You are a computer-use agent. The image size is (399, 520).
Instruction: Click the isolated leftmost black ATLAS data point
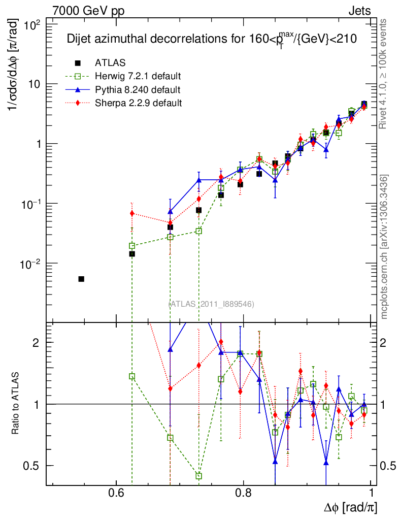point(81,279)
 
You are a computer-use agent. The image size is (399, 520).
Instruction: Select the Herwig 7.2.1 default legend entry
point(138,77)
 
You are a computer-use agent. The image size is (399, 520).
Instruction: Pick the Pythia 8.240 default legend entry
point(137,90)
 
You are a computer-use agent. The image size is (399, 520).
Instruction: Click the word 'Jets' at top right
point(359,11)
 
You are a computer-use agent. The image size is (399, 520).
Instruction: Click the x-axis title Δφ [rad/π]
point(351,507)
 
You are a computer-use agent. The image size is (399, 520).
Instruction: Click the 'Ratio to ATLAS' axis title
point(16,404)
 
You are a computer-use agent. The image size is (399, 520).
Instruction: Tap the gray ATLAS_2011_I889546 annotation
point(211,304)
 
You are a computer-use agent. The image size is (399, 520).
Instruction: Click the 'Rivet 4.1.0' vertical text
point(384,74)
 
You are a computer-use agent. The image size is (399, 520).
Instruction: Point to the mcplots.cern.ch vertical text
point(384,246)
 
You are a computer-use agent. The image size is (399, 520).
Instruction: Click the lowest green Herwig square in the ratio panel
point(199,476)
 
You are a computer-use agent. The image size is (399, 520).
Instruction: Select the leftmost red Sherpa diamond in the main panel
point(132,213)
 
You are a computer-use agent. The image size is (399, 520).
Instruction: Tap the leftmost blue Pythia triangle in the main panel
point(171,211)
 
